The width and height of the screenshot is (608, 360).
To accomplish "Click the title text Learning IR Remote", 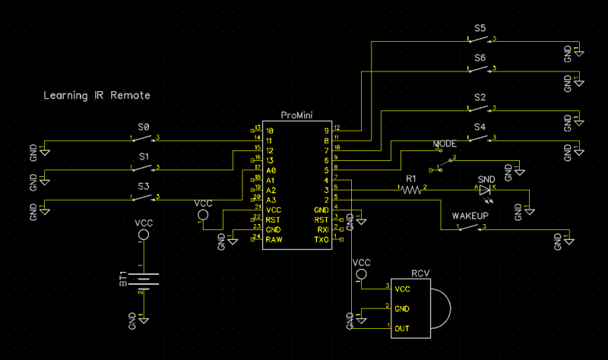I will (x=97, y=96).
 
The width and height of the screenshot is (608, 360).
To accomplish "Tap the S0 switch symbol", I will (x=144, y=138).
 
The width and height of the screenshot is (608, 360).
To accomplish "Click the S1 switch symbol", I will (x=144, y=169).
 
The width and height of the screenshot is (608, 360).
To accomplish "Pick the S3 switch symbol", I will (x=144, y=197).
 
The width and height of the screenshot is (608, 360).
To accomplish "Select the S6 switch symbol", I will (x=480, y=70).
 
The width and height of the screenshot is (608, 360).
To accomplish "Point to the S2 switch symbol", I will (x=480, y=110).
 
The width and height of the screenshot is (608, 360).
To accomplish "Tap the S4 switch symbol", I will (x=480, y=139).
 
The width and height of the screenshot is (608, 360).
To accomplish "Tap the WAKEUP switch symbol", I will (x=470, y=227).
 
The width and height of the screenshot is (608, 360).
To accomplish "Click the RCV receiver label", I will (x=421, y=273).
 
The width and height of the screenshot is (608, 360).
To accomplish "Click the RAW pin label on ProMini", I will (x=274, y=239).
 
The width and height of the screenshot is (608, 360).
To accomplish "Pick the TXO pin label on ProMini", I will (x=321, y=239).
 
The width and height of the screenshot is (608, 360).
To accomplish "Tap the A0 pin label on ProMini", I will (x=271, y=171).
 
